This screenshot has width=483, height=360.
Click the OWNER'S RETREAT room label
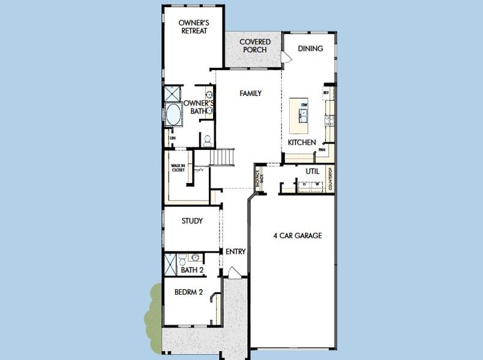click(193, 27)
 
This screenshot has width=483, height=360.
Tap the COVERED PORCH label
click(255, 46)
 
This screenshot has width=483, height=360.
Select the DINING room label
click(310, 49)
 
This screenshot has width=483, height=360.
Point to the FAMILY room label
click(250, 94)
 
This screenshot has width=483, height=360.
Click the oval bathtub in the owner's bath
click(173, 114)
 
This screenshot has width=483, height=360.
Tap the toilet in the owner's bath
click(207, 140)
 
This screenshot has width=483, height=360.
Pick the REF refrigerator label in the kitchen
click(326, 93)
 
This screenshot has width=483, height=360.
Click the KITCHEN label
click(302, 142)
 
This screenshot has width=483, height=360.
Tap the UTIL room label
click(312, 171)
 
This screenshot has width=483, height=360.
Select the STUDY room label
click(192, 221)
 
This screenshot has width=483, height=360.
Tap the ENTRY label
click(235, 252)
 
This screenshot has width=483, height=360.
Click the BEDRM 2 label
click(188, 293)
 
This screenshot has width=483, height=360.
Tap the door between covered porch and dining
click(286, 56)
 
